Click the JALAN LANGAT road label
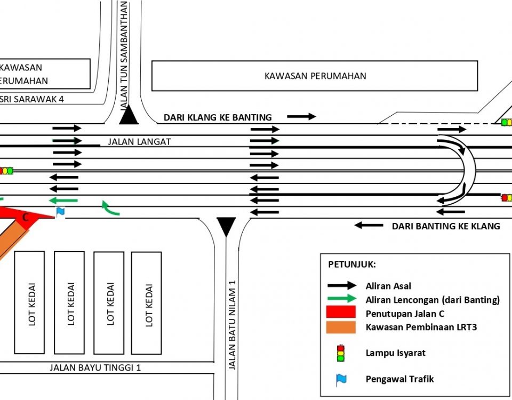point(139,142)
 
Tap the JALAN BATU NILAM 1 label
point(232,325)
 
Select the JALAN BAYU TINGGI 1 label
point(95,367)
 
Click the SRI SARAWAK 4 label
point(31,99)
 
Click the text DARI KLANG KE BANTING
point(218,117)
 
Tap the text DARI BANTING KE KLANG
point(446,226)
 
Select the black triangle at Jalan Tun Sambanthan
point(129,115)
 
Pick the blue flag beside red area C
point(60,212)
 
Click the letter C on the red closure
point(25,218)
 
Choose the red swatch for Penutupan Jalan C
point(341,312)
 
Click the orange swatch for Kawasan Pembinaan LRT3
point(341,327)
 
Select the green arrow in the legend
point(342,298)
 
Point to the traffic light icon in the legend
point(341,353)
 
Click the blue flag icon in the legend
point(341,380)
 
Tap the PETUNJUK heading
point(352,264)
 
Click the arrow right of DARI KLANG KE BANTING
point(301,116)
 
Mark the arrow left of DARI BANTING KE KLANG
point(369,225)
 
